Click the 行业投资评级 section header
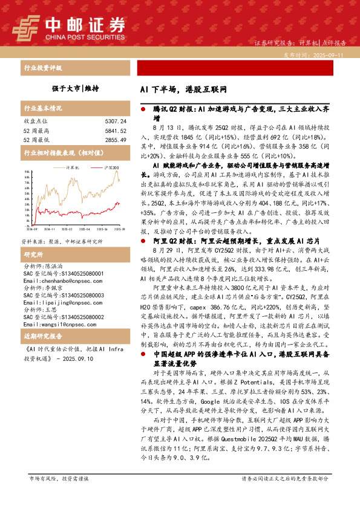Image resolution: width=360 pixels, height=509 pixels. click(x=43, y=68)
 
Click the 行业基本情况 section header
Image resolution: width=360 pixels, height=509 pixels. click(x=43, y=109)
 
